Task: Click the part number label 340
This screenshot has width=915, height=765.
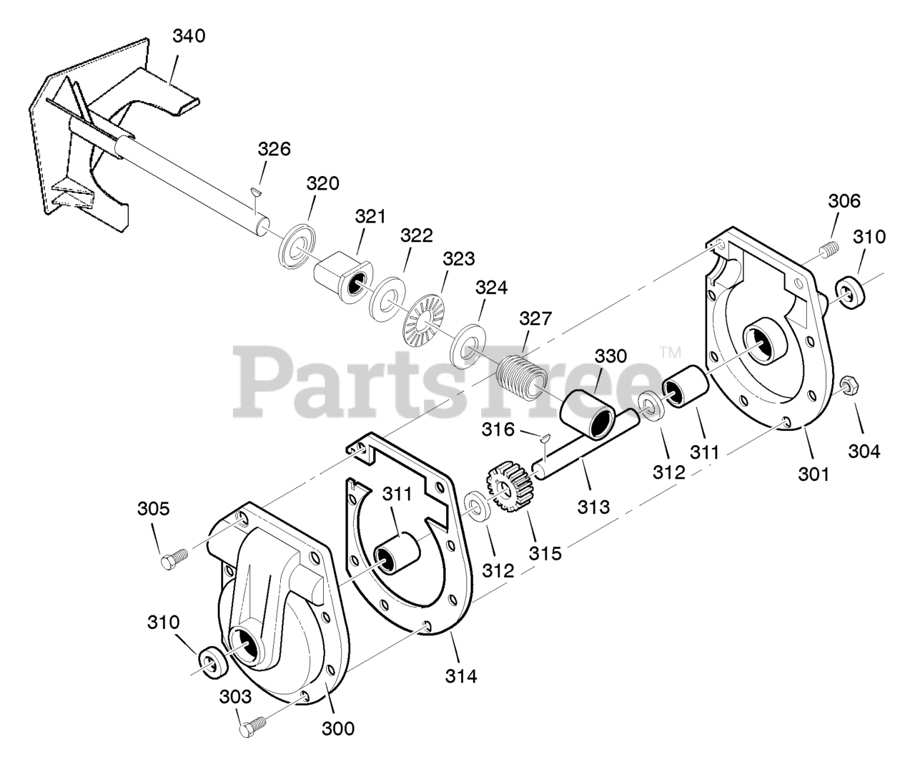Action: tap(189, 35)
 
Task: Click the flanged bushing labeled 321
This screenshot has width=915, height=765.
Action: tap(345, 279)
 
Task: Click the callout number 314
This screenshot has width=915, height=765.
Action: tap(461, 675)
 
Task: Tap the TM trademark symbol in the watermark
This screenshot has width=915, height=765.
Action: tap(671, 352)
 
